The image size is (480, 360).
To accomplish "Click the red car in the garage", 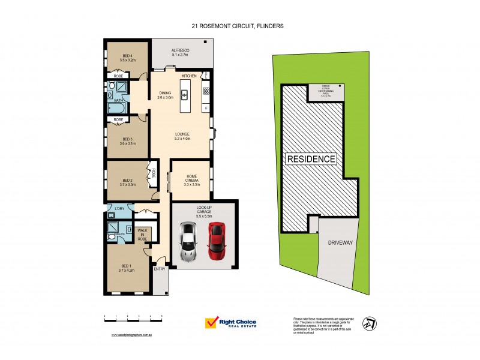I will (x=217, y=241).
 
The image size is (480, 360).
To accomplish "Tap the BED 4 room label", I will (x=126, y=58).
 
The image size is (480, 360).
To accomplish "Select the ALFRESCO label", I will (x=181, y=52).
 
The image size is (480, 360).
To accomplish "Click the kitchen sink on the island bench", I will (x=185, y=95).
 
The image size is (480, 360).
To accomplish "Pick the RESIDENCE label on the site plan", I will (x=311, y=159).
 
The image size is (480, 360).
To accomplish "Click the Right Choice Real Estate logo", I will (x=231, y=323).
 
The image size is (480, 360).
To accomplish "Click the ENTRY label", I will (x=160, y=269).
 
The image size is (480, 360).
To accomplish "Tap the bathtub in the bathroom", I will (x=116, y=109).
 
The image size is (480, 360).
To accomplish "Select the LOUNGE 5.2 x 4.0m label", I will (x=182, y=136).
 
